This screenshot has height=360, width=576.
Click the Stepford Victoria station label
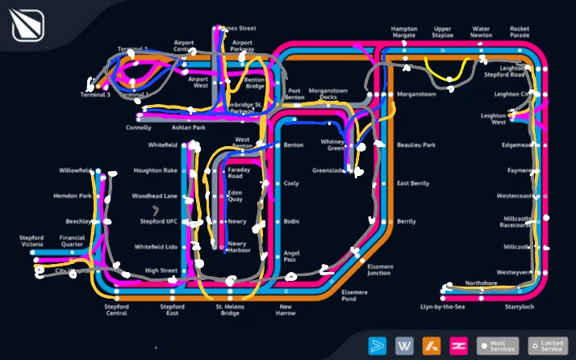point(32,241)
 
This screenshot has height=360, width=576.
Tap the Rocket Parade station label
point(520,31)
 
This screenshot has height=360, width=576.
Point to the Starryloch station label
point(519,308)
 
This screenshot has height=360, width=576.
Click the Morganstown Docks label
point(333,94)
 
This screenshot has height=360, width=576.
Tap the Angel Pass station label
point(292,256)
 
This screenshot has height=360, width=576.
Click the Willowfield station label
point(75,171)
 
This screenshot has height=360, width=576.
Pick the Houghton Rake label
point(155,171)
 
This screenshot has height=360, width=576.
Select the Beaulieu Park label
point(416,145)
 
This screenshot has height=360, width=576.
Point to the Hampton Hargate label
point(404,31)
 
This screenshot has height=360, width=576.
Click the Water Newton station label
point(482,31)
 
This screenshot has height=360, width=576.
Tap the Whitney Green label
point(332,144)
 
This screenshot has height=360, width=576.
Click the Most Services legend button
point(497,345)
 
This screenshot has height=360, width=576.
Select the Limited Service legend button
point(548,345)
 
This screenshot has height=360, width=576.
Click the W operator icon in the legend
point(404,345)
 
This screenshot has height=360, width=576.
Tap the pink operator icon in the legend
point(459,345)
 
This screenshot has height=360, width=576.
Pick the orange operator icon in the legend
point(432,345)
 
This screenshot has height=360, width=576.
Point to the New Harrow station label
point(286,311)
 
